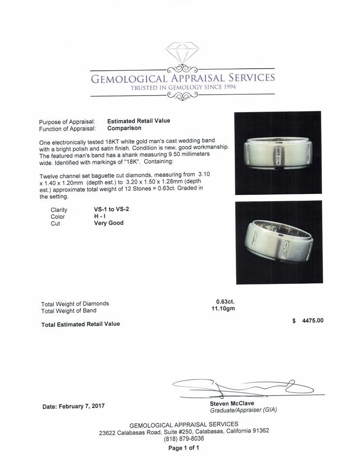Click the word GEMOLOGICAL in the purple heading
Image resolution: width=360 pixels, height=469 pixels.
pos(129,79)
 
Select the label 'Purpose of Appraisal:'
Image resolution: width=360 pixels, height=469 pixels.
pos(67,122)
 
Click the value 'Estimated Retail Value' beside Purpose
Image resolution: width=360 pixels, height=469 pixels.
pos(139,121)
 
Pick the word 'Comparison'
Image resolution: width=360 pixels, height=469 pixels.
pos(124,128)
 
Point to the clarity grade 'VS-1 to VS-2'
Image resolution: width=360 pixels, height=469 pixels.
pos(108,209)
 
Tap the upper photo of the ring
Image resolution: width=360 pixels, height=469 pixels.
pos(278,153)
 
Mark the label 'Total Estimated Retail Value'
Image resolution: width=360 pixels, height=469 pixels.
pos(80,324)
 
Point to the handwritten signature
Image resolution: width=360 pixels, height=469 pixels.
pos(243,387)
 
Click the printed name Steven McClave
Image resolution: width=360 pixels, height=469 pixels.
pos(232,403)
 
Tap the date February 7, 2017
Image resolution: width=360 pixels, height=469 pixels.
pos(73,406)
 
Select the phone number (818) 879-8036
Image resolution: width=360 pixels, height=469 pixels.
pos(184,439)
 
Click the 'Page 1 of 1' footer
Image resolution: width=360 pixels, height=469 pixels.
pos(184,448)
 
